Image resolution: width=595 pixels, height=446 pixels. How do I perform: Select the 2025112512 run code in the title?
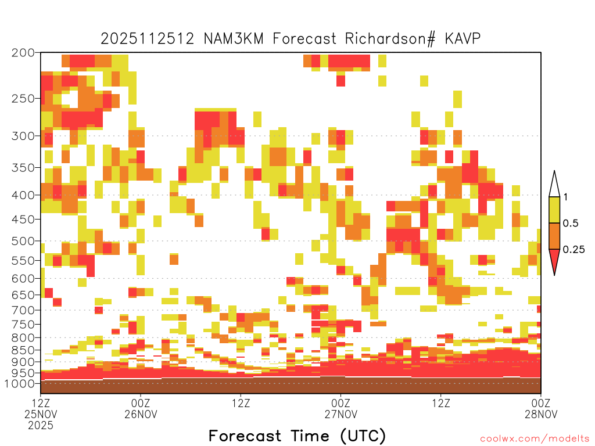coord(147,39)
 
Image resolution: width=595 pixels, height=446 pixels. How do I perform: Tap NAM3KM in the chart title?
coord(234,39)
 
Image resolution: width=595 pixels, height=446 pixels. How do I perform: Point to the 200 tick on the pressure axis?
coord(23,53)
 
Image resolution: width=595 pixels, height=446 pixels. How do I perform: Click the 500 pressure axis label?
coord(23,241)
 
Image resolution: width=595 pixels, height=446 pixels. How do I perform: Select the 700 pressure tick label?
coord(23,310)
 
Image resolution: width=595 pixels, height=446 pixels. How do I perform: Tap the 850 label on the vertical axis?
coord(23,350)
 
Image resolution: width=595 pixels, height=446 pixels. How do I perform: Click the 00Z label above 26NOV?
coord(141,403)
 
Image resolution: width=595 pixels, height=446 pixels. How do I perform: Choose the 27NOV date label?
coord(340,414)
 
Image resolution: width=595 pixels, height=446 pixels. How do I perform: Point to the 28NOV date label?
coord(541,414)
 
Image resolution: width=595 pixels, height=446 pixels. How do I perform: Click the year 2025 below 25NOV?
coord(41,426)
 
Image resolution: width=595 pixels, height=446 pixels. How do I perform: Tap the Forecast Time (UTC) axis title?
coord(297,436)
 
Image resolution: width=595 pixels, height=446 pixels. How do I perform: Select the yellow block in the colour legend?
coord(554,210)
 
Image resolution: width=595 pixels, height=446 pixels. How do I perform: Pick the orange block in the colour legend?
coord(554,236)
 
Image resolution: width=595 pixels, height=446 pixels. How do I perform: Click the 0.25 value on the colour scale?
coord(574,250)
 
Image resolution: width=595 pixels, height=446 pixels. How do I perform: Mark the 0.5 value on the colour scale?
coord(571,224)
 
